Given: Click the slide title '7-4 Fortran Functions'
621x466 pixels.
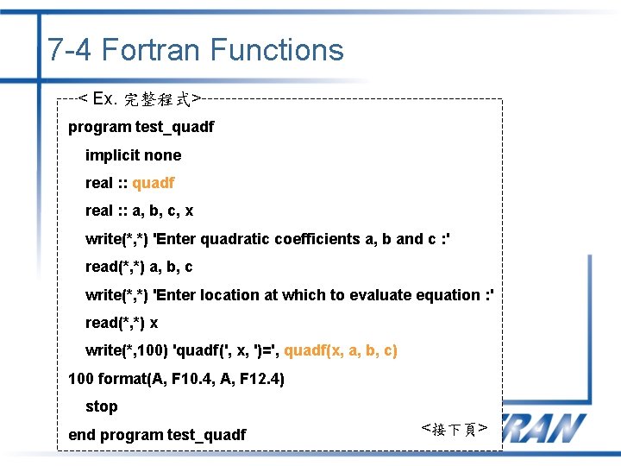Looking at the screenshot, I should [196, 50].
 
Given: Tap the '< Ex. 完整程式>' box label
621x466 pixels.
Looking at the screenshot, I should [139, 99].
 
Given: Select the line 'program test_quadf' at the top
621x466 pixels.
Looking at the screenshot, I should [141, 127].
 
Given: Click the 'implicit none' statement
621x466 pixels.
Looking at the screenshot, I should [133, 155].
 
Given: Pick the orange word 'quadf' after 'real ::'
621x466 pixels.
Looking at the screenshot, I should [153, 183].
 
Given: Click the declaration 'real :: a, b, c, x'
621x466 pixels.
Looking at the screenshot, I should [139, 211].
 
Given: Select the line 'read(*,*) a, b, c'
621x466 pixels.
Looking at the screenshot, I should [138, 267].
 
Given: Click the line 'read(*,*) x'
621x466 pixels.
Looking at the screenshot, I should [121, 323].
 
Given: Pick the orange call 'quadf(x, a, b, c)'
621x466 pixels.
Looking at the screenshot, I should [341, 350].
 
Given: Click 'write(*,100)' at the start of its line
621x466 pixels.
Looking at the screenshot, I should [127, 350].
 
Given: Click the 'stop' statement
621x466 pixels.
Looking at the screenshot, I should [101, 406].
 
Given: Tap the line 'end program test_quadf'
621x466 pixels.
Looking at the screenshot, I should [157, 435].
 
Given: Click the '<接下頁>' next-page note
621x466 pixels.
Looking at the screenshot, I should [455, 429].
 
